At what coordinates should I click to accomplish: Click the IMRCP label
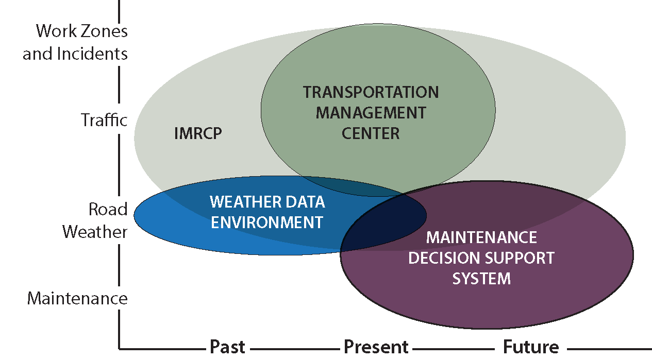(198, 134)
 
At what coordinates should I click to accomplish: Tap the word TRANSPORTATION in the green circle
(371, 92)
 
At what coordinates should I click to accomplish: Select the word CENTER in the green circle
(371, 133)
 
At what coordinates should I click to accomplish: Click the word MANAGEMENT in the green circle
(371, 112)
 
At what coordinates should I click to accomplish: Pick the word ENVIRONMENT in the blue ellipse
(267, 222)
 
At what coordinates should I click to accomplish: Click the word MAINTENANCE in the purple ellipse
(481, 237)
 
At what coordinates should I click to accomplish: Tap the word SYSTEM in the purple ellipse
(481, 279)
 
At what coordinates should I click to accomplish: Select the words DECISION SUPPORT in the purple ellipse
(481, 258)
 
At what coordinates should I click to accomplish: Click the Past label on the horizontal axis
(227, 347)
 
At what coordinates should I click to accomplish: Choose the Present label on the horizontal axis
(376, 347)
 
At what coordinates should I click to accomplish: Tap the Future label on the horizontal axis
(530, 347)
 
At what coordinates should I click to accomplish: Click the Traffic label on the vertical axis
(104, 121)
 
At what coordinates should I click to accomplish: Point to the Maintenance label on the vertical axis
(77, 298)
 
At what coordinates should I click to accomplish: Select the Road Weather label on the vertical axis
(95, 220)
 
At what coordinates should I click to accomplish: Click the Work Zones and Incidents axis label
(76, 42)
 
